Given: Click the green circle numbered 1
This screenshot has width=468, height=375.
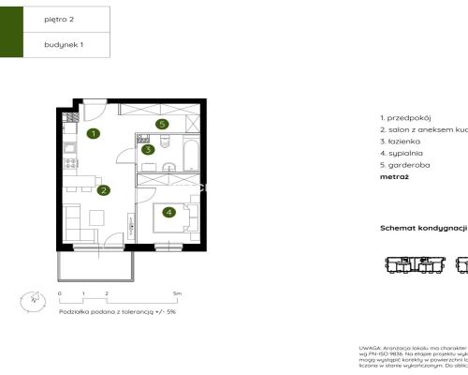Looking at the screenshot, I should [94, 134].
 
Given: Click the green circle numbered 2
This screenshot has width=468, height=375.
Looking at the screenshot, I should [104, 190].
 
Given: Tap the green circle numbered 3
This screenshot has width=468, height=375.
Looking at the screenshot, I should [147, 149].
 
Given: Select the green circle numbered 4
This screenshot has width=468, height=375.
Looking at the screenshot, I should [168, 212].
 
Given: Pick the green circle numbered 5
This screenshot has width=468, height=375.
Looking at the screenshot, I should [162, 123].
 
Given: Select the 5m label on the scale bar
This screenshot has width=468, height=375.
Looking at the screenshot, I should [177, 293].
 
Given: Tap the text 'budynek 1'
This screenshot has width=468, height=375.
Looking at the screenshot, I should [63, 44].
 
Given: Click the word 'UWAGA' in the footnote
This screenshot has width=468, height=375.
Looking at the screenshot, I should [371, 346].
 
